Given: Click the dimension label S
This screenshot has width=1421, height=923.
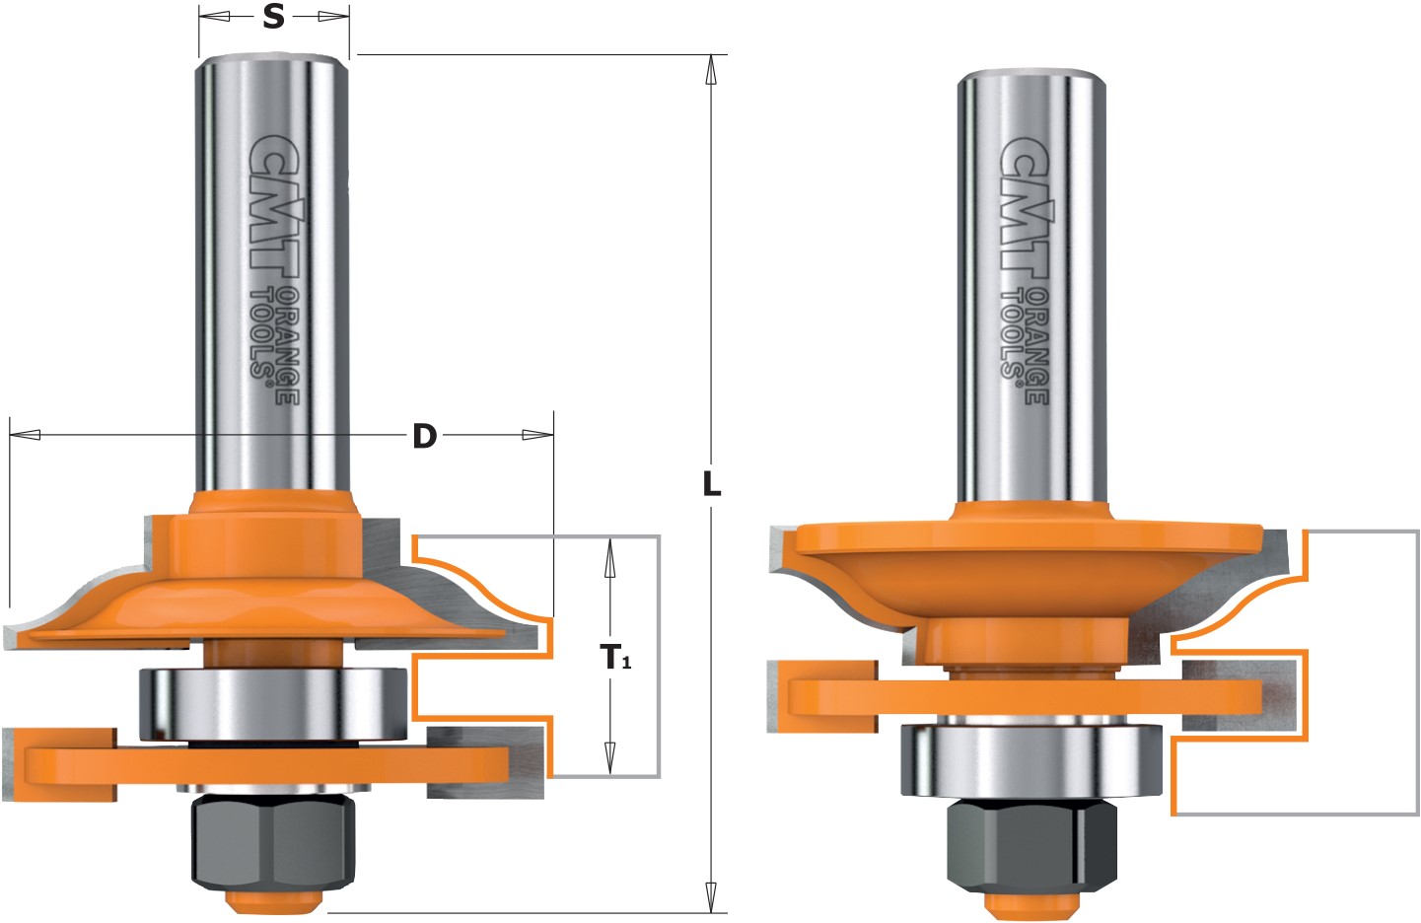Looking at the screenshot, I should click(273, 17).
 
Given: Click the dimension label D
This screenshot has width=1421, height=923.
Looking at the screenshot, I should click(424, 435).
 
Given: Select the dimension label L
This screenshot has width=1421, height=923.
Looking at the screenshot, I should click(711, 484).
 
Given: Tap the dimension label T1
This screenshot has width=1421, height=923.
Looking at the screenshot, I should click(615, 657).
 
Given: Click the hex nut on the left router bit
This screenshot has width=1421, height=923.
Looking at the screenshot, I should click(272, 840).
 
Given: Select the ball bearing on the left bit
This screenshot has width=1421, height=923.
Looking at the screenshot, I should click(272, 704).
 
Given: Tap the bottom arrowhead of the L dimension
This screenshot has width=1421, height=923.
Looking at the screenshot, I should click(710, 897).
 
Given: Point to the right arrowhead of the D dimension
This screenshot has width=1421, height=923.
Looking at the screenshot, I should click(537, 434).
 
